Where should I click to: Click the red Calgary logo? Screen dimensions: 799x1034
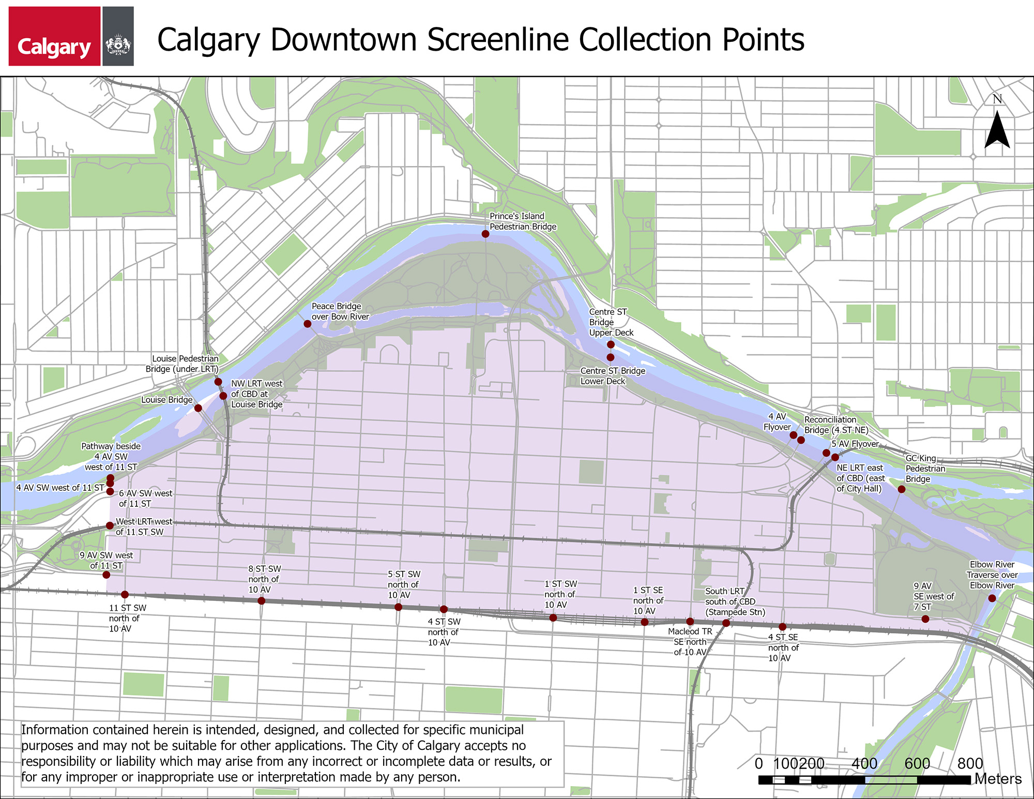54,36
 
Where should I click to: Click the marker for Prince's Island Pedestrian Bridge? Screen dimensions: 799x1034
485,234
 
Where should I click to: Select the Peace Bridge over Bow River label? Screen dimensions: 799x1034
340,311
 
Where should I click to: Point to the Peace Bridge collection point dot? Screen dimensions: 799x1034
308,324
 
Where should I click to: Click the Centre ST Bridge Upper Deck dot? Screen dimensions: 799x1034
611,344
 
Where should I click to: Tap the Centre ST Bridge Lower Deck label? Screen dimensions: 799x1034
613,376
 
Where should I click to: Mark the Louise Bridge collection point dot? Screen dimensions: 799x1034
198,408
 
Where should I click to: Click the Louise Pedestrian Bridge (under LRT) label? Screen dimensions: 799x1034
183,364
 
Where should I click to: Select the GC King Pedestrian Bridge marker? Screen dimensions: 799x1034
902,489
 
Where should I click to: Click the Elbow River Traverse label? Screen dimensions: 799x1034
992,575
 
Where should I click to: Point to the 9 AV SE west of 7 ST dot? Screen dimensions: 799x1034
925,619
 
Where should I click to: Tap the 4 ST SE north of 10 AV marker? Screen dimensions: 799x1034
783,627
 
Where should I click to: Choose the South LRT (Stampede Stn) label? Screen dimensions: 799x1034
735,601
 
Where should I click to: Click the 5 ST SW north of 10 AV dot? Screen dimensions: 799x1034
398,607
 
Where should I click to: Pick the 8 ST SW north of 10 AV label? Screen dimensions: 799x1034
264,579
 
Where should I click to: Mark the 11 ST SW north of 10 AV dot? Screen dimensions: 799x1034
125,595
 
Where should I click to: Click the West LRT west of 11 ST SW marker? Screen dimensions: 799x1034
110,525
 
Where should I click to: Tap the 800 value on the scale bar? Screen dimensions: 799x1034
970,763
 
